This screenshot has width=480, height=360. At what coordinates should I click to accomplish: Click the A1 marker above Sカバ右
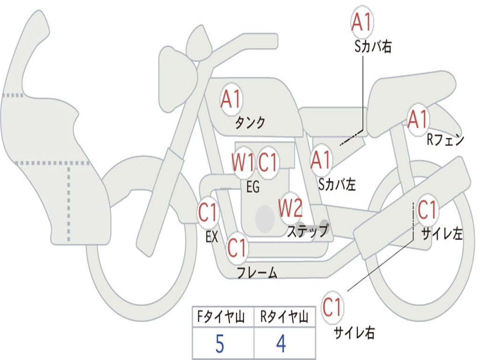point(362,22)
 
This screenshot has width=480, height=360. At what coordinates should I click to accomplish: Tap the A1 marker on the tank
point(232,99)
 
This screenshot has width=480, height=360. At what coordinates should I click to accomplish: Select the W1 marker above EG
point(243,162)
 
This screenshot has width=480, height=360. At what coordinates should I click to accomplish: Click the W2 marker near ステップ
point(291,208)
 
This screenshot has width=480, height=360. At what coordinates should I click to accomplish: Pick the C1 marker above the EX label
point(208,212)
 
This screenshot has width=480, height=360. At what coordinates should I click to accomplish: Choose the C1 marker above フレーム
point(237,248)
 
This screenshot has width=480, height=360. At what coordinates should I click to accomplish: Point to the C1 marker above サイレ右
point(332,307)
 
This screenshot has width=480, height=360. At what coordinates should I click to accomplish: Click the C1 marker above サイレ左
point(427,210)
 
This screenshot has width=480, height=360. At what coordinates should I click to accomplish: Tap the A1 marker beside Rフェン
point(418,120)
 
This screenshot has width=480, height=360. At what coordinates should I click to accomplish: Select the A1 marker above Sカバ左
point(321,161)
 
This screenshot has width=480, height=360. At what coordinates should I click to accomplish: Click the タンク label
point(250,123)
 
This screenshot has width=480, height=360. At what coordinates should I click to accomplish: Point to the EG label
point(253,187)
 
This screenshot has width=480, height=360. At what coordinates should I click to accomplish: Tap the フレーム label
point(257,272)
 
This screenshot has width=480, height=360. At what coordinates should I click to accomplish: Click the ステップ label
point(307,231)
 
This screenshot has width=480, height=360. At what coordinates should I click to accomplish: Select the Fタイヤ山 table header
point(221,317)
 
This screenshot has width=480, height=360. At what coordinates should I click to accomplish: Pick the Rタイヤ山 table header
point(285,317)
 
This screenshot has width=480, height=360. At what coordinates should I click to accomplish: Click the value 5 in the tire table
point(220,344)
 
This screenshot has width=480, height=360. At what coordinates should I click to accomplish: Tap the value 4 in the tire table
point(281,344)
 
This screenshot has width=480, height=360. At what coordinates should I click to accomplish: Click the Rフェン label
point(445,140)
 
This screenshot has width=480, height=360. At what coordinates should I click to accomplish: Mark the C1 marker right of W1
point(268,162)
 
